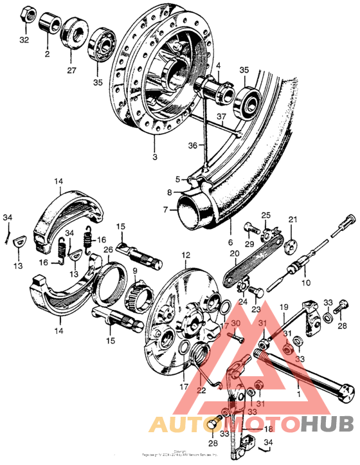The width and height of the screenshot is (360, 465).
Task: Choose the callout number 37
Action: (x=221, y=116)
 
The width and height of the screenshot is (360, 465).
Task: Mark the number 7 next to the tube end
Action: (x=165, y=210)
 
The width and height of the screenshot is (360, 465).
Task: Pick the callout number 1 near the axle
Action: (x=298, y=390)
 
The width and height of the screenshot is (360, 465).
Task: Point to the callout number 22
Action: (x=201, y=390)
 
